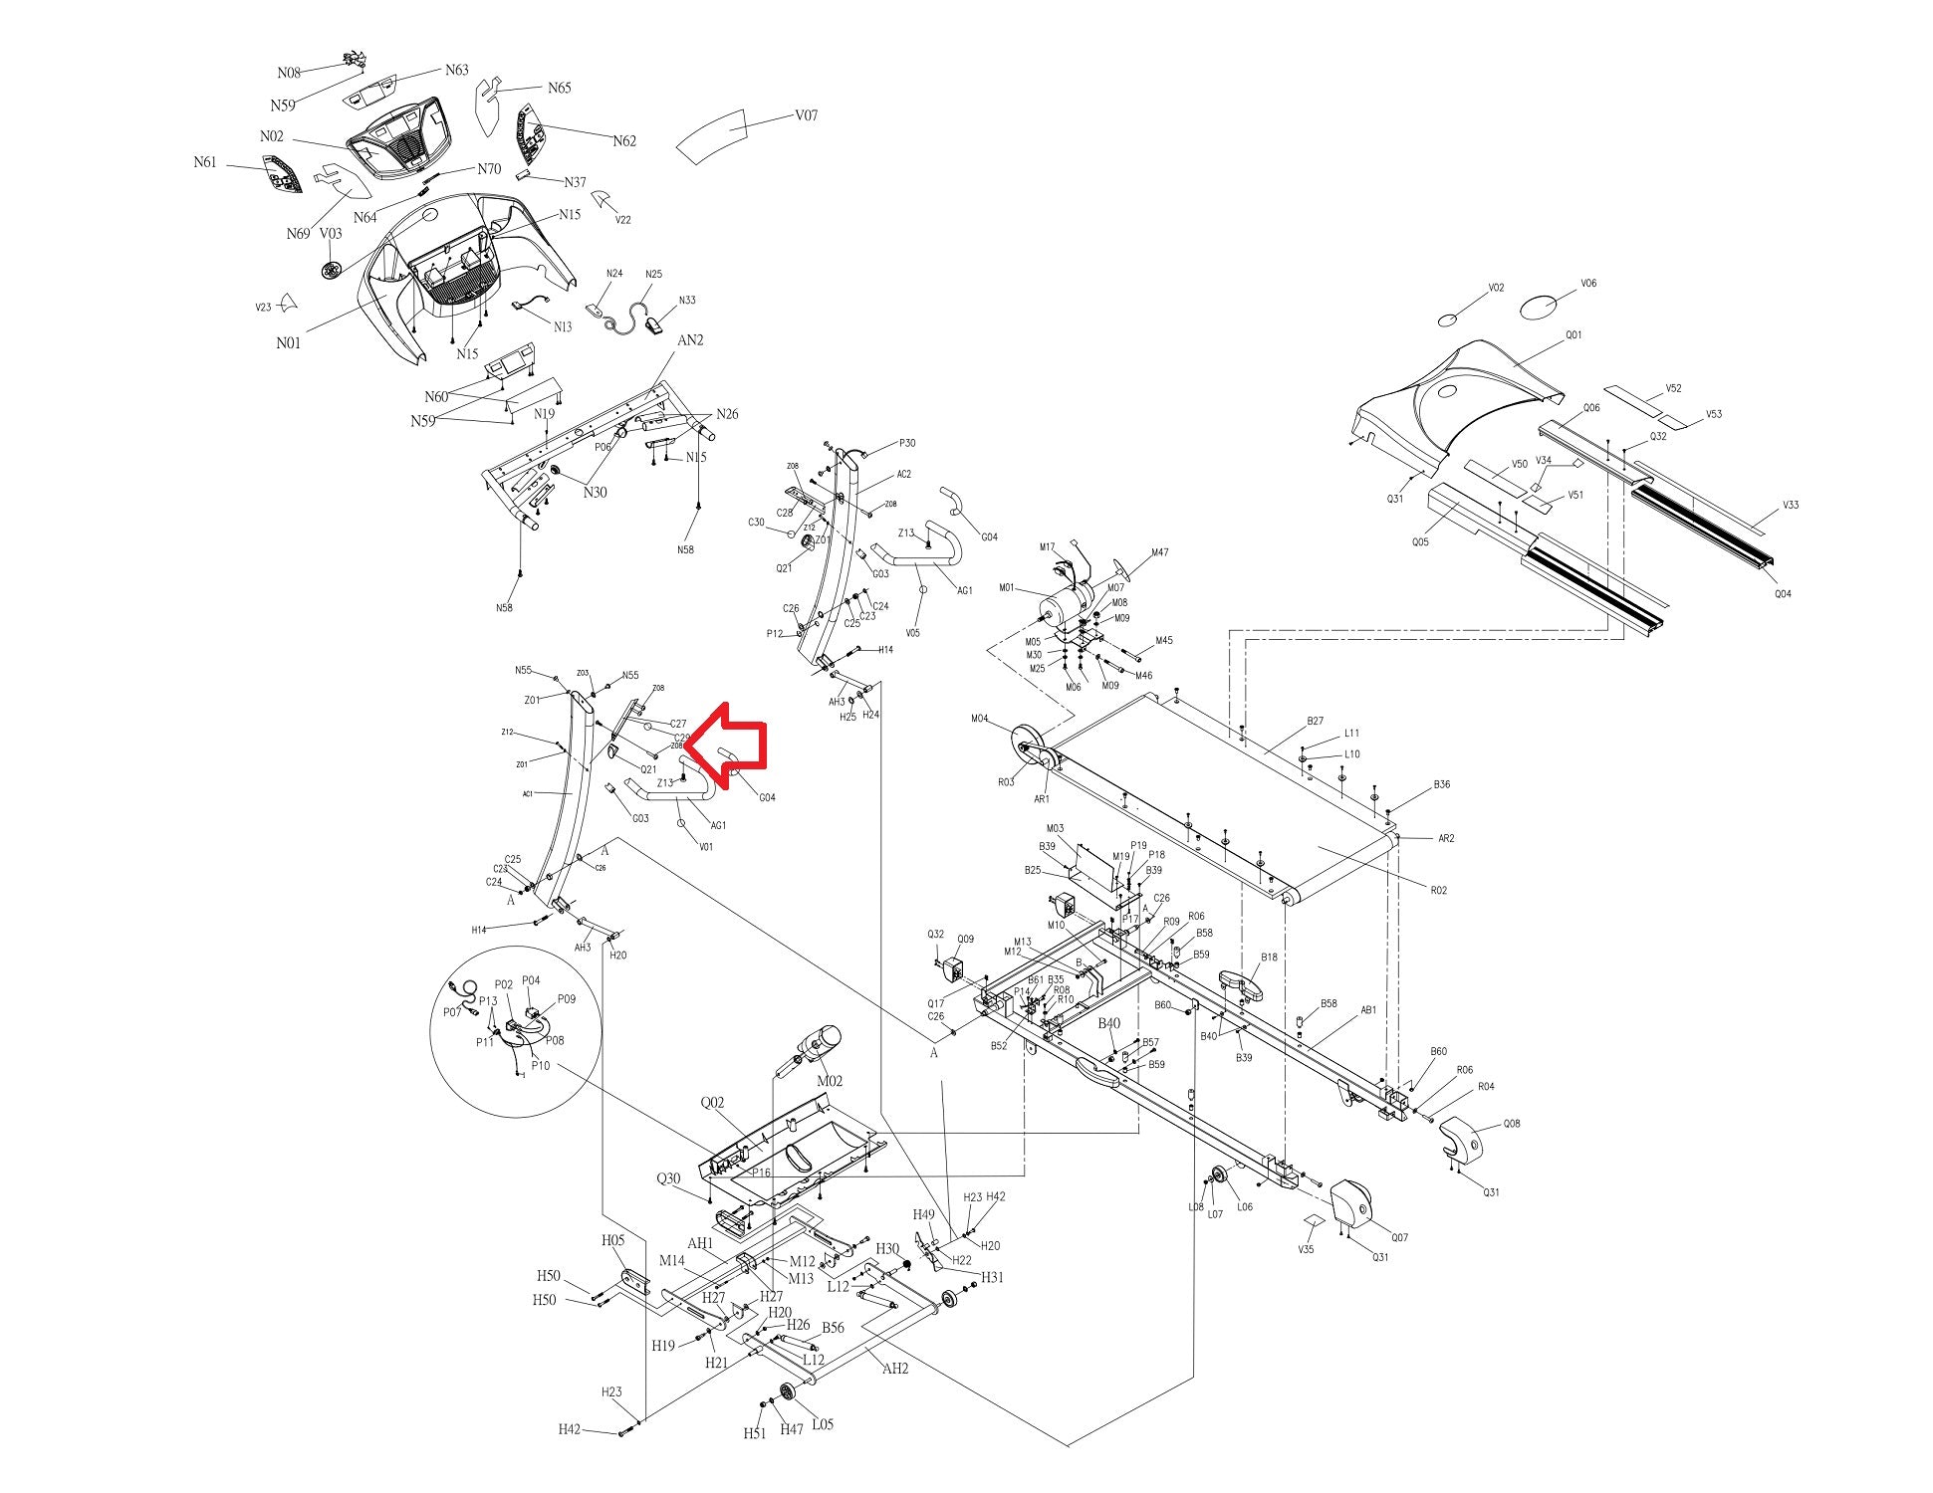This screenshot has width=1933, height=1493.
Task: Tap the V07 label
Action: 806,115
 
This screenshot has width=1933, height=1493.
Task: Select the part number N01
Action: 288,343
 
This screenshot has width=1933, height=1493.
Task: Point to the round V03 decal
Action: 333,269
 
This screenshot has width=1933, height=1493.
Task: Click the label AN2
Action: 690,340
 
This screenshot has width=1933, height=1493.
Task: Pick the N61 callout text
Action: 205,162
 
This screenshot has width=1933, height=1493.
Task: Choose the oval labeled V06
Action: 1540,307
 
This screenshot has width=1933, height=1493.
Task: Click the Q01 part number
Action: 1573,335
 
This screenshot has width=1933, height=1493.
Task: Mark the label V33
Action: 1791,505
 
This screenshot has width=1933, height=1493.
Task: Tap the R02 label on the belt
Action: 1438,890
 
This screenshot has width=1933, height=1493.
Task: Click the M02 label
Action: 830,1081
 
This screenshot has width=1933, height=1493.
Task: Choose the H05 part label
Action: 612,1240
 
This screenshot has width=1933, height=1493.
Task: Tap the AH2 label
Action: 895,1369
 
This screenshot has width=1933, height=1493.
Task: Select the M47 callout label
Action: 1160,552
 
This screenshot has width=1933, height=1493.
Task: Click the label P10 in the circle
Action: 540,1065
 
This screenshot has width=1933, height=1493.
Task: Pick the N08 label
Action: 289,73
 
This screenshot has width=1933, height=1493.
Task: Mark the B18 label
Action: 1269,958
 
